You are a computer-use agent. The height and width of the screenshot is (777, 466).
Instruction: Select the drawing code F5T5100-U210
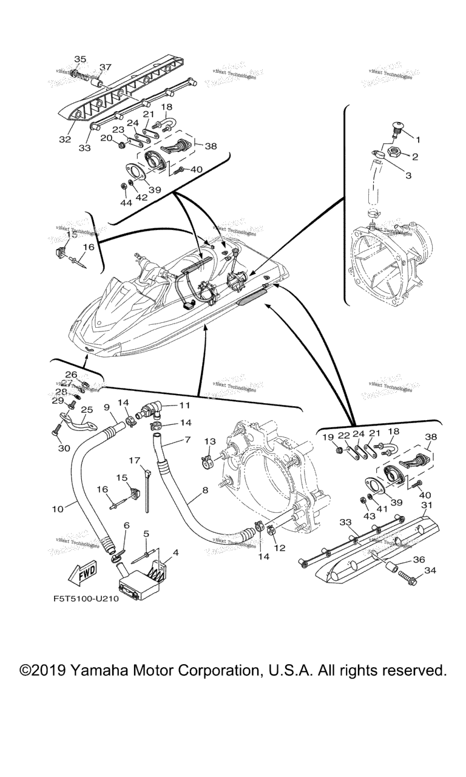(92, 597)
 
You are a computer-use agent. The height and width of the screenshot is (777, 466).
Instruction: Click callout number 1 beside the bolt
(419, 139)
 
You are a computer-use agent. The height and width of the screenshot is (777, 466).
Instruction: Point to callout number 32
(65, 140)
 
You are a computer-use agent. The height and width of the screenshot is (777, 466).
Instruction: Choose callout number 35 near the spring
(80, 59)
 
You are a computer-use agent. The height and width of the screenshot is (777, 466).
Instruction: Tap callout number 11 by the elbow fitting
(184, 404)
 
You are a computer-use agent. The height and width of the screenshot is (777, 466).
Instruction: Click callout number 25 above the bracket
(86, 410)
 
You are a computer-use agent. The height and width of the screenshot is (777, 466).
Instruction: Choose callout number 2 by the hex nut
(415, 157)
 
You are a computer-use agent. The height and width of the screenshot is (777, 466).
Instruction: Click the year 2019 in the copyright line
(50, 671)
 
